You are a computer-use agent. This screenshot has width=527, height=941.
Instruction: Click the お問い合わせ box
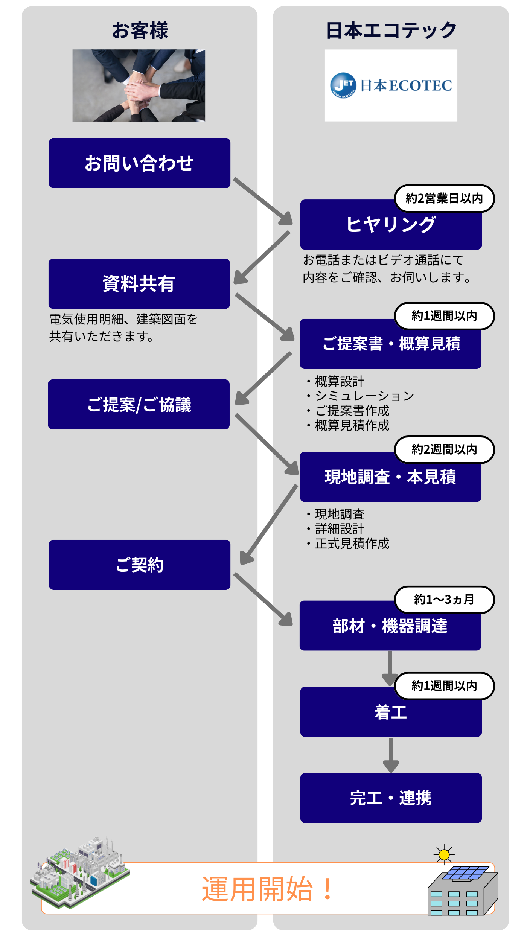(139, 163)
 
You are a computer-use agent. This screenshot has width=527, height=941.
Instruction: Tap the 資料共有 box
(139, 283)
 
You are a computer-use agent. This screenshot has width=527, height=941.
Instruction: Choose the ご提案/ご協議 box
(139, 404)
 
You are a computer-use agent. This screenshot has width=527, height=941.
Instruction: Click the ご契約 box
(139, 565)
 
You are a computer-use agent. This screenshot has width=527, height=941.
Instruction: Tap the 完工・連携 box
(391, 798)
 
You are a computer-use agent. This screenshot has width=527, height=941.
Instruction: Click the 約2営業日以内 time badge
(444, 198)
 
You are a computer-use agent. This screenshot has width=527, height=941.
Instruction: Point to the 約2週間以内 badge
(444, 449)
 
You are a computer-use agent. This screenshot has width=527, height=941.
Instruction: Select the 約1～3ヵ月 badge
(444, 599)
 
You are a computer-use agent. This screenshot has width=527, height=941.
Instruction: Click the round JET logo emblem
(343, 85)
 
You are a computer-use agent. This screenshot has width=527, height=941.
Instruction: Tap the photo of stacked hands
(139, 85)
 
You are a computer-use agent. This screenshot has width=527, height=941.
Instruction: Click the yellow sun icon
(444, 854)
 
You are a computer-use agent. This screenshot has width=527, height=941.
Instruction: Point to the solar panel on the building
(466, 872)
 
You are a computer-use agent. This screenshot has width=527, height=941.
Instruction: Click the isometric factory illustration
(80, 873)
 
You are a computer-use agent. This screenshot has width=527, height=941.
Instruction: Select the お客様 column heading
(140, 30)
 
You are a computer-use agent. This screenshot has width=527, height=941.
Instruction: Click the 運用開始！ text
(268, 889)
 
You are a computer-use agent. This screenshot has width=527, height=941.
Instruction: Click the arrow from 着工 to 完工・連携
(391, 754)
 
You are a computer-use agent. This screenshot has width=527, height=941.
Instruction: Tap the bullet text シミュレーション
(364, 396)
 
